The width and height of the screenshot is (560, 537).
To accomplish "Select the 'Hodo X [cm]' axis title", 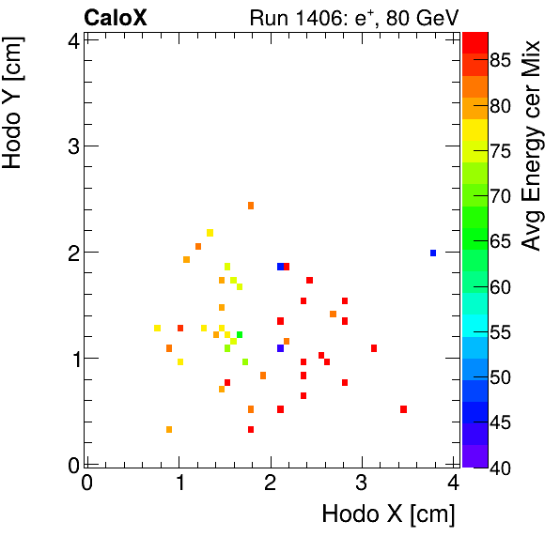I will tap(388, 514).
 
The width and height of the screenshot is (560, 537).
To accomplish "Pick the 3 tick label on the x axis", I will tap(361, 483).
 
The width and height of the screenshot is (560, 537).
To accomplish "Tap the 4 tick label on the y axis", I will tap(71, 39).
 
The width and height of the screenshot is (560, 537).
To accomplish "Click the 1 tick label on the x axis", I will tap(179, 483).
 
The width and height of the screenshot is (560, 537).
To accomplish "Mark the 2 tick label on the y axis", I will tap(71, 253).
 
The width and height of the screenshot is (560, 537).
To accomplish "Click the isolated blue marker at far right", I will tap(433, 253).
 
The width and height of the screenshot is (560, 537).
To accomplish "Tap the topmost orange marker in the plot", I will tap(251, 206).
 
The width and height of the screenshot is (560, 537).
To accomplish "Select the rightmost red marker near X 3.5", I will tap(403, 409).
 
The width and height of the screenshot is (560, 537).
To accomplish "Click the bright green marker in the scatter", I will tap(240, 334).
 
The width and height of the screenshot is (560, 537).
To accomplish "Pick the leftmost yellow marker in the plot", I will tap(157, 328).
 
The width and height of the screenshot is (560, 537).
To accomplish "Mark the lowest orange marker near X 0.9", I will tap(169, 429).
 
